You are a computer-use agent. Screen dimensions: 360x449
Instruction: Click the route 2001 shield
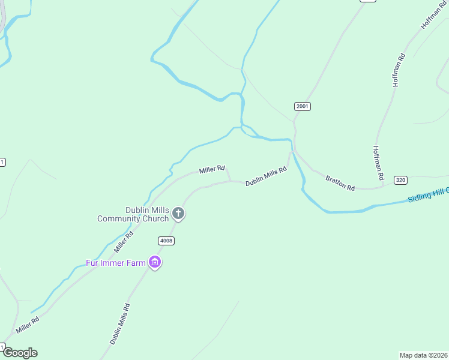[303, 106]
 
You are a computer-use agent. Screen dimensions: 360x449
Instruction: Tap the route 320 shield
[400, 180]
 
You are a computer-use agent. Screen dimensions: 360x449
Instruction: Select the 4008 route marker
[166, 241]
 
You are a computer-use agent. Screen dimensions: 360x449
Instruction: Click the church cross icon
[178, 213]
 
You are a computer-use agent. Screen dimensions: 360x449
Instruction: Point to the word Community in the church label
[119, 219]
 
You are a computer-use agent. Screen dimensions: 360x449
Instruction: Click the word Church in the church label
[155, 219]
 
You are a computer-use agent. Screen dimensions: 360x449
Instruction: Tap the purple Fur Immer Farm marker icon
[155, 262]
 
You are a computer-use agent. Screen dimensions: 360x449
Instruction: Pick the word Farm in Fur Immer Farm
[136, 263]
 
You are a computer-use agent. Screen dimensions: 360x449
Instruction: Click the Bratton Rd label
[340, 183]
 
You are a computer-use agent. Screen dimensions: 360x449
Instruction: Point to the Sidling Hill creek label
[427, 196]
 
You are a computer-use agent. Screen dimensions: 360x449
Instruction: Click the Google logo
[20, 353]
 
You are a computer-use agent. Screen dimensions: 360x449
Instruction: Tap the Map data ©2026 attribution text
[424, 355]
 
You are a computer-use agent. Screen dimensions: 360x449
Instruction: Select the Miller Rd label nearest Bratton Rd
[212, 170]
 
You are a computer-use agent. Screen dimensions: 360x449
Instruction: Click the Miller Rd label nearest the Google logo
[28, 325]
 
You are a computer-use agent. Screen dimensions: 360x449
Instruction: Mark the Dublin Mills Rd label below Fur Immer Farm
[120, 324]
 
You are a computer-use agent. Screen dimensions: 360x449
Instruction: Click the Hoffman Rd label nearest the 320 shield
[378, 164]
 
